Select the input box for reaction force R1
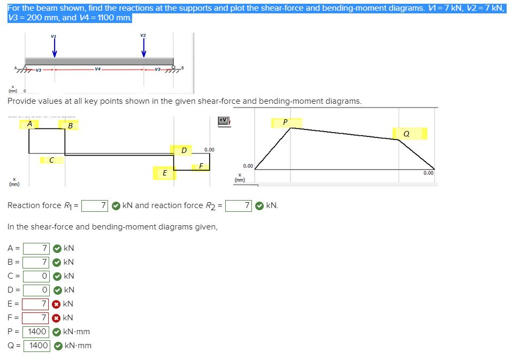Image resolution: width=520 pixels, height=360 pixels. click(x=96, y=205)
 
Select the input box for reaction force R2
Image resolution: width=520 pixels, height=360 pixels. click(x=239, y=205)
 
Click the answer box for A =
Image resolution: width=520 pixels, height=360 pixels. click(x=36, y=248)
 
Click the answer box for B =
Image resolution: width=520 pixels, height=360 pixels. click(x=36, y=262)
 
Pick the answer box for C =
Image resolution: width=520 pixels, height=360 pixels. click(x=36, y=276)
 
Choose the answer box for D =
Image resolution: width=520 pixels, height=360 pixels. click(x=36, y=290)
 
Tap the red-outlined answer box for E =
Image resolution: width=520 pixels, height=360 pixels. click(x=36, y=304)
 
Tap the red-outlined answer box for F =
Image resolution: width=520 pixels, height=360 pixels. click(x=36, y=318)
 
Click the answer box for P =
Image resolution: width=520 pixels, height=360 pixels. click(x=36, y=332)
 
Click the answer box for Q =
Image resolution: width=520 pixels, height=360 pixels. click(x=36, y=346)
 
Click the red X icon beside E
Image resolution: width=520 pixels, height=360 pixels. click(x=56, y=304)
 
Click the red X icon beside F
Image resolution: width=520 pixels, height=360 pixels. click(x=56, y=318)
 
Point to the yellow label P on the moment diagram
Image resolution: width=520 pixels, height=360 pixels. click(x=286, y=122)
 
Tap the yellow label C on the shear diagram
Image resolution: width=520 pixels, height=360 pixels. click(x=51, y=159)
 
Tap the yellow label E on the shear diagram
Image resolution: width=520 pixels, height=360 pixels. click(x=164, y=173)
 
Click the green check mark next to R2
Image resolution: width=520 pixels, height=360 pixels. click(x=259, y=205)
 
